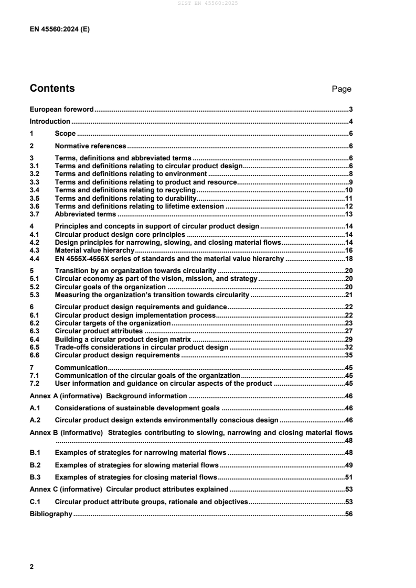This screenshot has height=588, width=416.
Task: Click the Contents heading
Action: tap(52, 89)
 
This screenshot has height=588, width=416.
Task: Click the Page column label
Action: tap(342, 89)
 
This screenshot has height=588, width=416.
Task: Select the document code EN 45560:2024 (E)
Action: tap(60, 30)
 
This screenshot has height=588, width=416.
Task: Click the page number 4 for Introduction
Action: tap(350, 121)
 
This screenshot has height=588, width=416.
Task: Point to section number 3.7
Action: tap(35, 214)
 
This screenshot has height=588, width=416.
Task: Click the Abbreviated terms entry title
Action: tap(85, 214)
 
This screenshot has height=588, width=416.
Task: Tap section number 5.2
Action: tap(35, 288)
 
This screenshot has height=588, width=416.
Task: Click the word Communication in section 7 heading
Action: tap(81, 367)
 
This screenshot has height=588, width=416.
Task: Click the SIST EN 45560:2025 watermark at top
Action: tap(208, 3)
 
